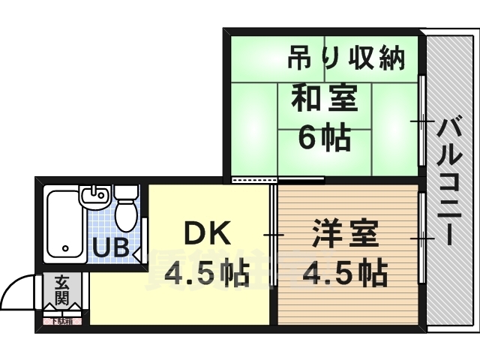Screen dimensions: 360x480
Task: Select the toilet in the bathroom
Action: [x=125, y=213]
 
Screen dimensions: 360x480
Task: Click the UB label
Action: [x=110, y=245]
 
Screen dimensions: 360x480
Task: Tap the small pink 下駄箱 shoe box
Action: [x=61, y=321]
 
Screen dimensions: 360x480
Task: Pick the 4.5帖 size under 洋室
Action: [x=345, y=274]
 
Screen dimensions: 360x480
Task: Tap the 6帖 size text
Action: [x=325, y=137]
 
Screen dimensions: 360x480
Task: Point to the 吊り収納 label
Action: [x=347, y=57]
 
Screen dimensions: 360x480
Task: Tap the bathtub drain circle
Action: [x=66, y=247]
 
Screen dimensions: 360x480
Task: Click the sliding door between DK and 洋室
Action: [x=272, y=235]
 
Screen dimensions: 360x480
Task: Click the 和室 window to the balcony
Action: [x=422, y=120]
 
